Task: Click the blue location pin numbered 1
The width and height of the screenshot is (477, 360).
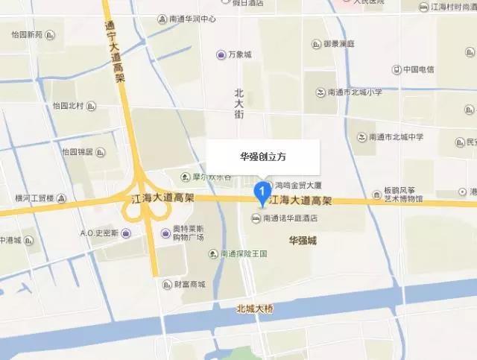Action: click(x=262, y=192)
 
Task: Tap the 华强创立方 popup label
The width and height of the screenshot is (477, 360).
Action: click(x=262, y=157)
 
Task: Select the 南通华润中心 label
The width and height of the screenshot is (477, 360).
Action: click(x=192, y=18)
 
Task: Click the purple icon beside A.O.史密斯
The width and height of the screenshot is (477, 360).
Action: click(x=125, y=233)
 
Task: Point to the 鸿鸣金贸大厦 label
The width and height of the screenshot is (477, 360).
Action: click(x=297, y=184)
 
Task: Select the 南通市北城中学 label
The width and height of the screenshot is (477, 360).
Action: click(x=401, y=137)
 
